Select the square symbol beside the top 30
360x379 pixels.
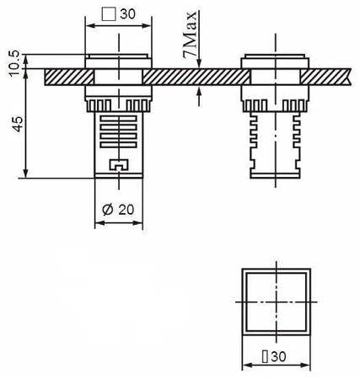[x=107, y=14]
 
